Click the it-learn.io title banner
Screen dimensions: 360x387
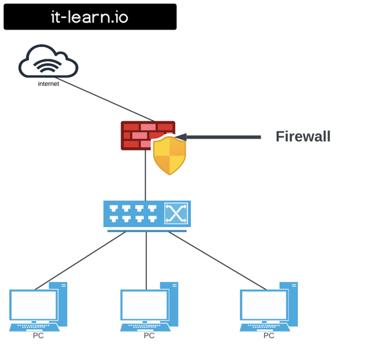pyautogui.click(x=90, y=17)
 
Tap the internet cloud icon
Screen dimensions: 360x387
pyautogui.click(x=48, y=63)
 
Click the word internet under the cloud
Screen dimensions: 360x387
pyautogui.click(x=48, y=84)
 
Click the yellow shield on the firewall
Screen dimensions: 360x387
pyautogui.click(x=169, y=155)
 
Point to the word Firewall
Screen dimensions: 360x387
pyautogui.click(x=303, y=137)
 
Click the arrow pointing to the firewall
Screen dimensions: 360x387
pyautogui.click(x=219, y=137)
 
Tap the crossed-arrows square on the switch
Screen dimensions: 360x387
pyautogui.click(x=176, y=213)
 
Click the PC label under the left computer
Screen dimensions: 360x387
pyautogui.click(x=38, y=335)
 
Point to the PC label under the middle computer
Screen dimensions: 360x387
pyautogui.click(x=149, y=335)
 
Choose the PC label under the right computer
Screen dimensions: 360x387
pyautogui.click(x=268, y=335)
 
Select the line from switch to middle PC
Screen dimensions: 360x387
pyautogui.click(x=146, y=258)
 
